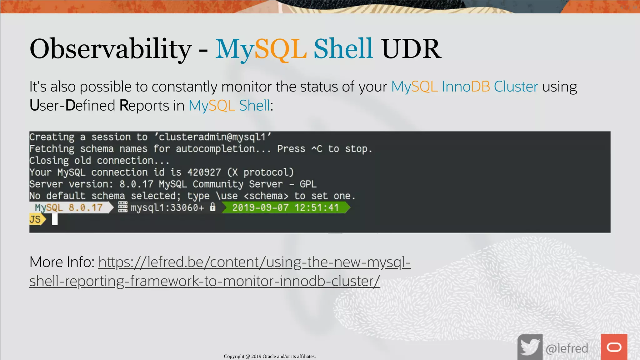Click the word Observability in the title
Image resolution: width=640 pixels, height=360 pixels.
(x=110, y=49)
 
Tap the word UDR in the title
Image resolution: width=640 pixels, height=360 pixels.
(x=411, y=49)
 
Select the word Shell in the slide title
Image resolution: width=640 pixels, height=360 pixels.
(x=343, y=49)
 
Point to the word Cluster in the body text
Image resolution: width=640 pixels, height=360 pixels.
(x=516, y=87)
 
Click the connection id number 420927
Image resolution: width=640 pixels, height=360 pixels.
(x=204, y=172)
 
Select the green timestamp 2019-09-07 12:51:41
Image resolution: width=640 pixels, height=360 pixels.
(x=285, y=208)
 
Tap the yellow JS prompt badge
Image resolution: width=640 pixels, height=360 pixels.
(x=36, y=219)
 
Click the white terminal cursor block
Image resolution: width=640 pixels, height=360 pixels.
(x=55, y=219)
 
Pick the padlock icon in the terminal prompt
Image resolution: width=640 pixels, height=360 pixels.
(x=212, y=207)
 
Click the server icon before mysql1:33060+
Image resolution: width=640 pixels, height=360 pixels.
(x=123, y=207)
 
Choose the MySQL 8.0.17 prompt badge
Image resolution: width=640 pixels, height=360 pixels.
(x=69, y=208)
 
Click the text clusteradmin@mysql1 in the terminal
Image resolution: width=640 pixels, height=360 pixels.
(x=212, y=137)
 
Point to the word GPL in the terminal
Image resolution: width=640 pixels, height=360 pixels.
(x=308, y=184)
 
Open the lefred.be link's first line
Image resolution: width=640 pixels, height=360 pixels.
(x=254, y=262)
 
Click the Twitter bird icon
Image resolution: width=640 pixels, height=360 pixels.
(x=530, y=347)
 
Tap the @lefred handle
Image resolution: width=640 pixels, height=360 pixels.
(x=567, y=348)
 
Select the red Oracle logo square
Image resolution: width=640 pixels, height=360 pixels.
(x=614, y=347)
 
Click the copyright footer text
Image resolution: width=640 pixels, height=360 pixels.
(x=270, y=356)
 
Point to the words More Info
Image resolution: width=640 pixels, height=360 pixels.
(x=62, y=262)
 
